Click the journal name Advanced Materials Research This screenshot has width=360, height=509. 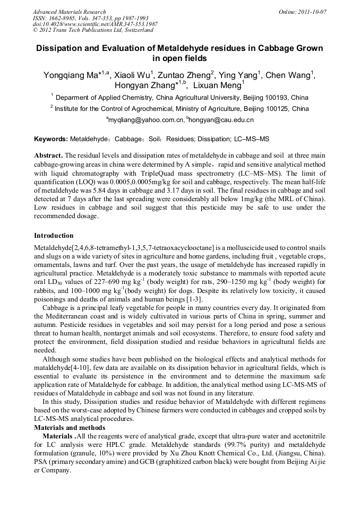tap(69, 12)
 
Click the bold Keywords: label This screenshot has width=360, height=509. tap(51, 139)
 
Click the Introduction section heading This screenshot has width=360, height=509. tap(54, 235)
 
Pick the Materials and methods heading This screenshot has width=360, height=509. tap(68, 427)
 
